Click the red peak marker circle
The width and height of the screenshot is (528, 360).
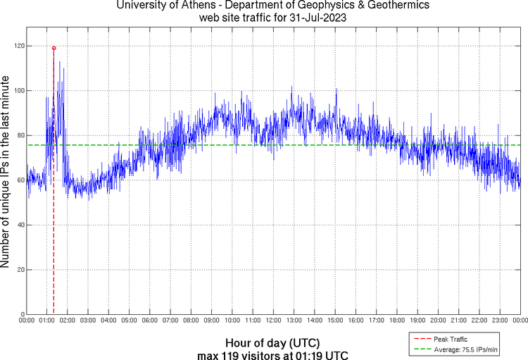(x=54, y=48)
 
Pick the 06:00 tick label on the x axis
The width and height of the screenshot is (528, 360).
(x=150, y=321)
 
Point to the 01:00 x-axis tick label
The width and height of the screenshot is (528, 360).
(x=46, y=321)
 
